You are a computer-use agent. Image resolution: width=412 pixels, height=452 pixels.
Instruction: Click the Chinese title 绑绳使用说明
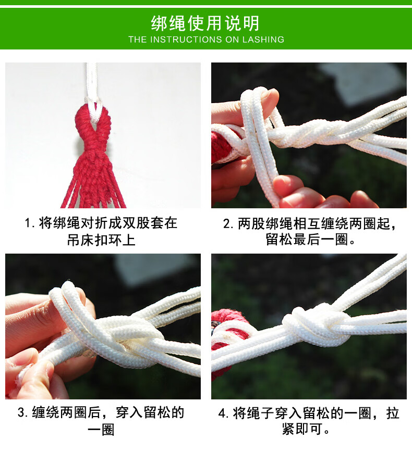point(205,23)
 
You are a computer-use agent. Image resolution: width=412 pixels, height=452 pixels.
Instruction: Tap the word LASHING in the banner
point(263,40)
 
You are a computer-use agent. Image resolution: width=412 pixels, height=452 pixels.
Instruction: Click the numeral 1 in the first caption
point(27,223)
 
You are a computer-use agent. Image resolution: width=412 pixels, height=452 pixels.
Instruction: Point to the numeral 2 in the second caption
point(226,224)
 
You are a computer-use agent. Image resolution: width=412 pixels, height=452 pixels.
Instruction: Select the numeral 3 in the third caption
point(21,412)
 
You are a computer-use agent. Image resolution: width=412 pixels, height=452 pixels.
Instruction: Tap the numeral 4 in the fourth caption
point(222,413)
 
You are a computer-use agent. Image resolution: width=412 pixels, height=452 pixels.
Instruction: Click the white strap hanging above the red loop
point(92,84)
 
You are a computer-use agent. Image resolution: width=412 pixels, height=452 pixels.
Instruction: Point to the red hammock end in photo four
point(228,337)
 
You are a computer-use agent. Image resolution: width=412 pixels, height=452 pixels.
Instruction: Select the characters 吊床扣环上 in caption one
point(101,240)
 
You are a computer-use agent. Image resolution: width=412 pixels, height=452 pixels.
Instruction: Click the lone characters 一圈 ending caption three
point(101,430)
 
